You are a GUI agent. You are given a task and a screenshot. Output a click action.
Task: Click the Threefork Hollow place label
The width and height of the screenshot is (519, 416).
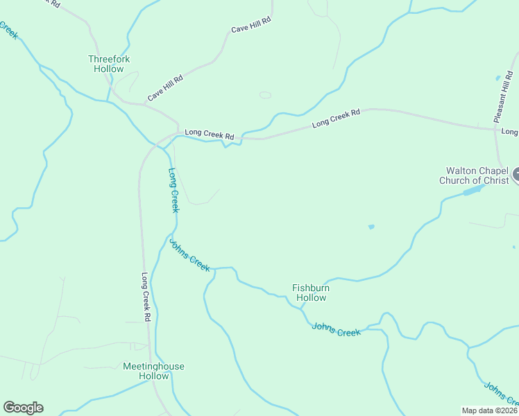109,64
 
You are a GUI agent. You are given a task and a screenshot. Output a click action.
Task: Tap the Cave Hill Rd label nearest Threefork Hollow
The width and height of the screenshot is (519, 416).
165,88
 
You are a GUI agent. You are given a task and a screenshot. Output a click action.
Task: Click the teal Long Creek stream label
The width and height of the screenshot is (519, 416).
173,189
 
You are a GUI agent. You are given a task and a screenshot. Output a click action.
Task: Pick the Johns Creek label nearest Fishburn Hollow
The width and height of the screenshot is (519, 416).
337,329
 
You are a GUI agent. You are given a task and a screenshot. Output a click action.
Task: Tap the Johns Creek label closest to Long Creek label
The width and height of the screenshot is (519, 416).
189,255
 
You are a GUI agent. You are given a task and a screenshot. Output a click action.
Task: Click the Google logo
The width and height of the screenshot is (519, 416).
23,408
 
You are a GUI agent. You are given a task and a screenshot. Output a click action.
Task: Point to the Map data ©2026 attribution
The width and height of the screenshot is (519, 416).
489,410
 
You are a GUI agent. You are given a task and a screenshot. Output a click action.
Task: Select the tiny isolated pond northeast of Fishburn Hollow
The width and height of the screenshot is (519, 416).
371,227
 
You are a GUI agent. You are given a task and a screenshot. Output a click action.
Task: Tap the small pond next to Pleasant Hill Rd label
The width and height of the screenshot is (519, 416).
497,77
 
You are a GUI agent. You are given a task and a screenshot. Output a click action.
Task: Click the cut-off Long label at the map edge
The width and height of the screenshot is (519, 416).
510,131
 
